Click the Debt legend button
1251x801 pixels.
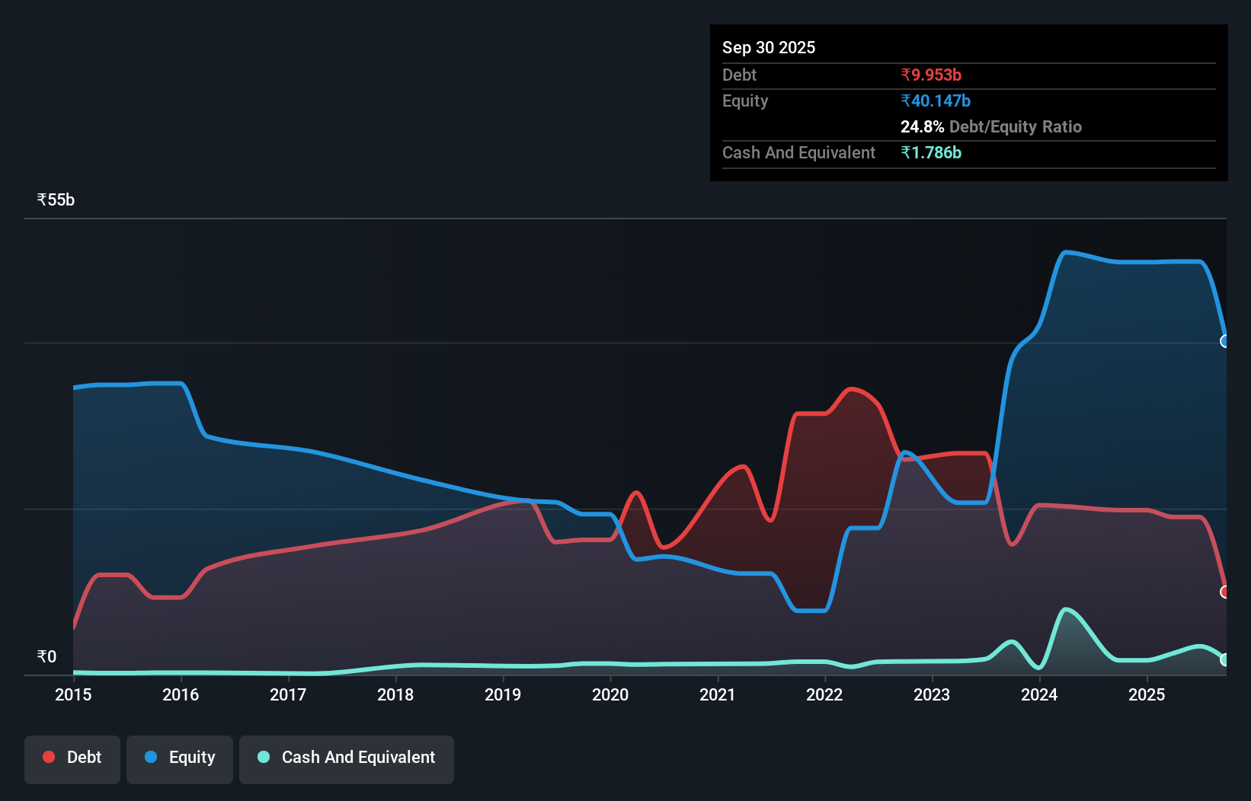click(x=72, y=758)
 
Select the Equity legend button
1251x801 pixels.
click(x=180, y=758)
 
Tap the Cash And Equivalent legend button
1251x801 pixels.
click(x=347, y=758)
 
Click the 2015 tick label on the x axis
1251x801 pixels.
click(x=73, y=694)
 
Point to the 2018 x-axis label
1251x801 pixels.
click(x=395, y=694)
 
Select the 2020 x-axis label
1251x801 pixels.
click(x=610, y=694)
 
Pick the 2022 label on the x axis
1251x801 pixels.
click(x=824, y=694)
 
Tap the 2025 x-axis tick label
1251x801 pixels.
click(x=1147, y=694)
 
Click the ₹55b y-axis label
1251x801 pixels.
click(x=56, y=199)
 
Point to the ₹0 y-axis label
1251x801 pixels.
click(x=46, y=656)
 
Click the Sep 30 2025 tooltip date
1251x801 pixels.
click(x=768, y=47)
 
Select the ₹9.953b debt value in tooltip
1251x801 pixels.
click(x=930, y=75)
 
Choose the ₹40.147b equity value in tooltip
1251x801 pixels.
click(x=935, y=101)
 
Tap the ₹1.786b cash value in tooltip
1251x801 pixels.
click(x=930, y=152)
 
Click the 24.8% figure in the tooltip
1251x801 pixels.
click(x=922, y=126)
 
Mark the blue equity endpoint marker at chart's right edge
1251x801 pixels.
click(x=1224, y=341)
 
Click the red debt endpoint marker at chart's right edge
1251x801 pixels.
click(x=1224, y=592)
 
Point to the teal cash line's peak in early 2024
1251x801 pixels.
click(x=1065, y=609)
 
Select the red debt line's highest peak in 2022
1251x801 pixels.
click(x=851, y=389)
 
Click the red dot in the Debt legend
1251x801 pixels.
click(x=49, y=757)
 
